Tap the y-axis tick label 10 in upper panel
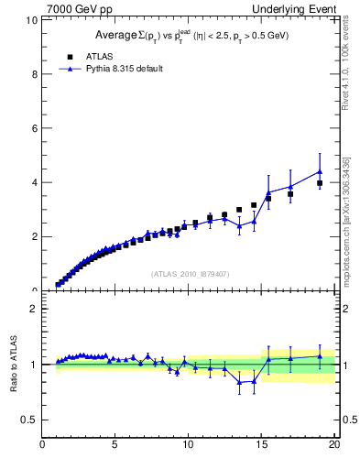click(30, 20)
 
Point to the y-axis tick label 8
click(34, 74)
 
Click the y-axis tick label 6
click(34, 128)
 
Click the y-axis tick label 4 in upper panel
click(34, 182)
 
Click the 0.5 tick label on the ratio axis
click(29, 420)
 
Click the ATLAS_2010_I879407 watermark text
click(189, 273)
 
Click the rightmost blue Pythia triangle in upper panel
click(320, 171)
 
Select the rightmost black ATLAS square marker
click(320, 183)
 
